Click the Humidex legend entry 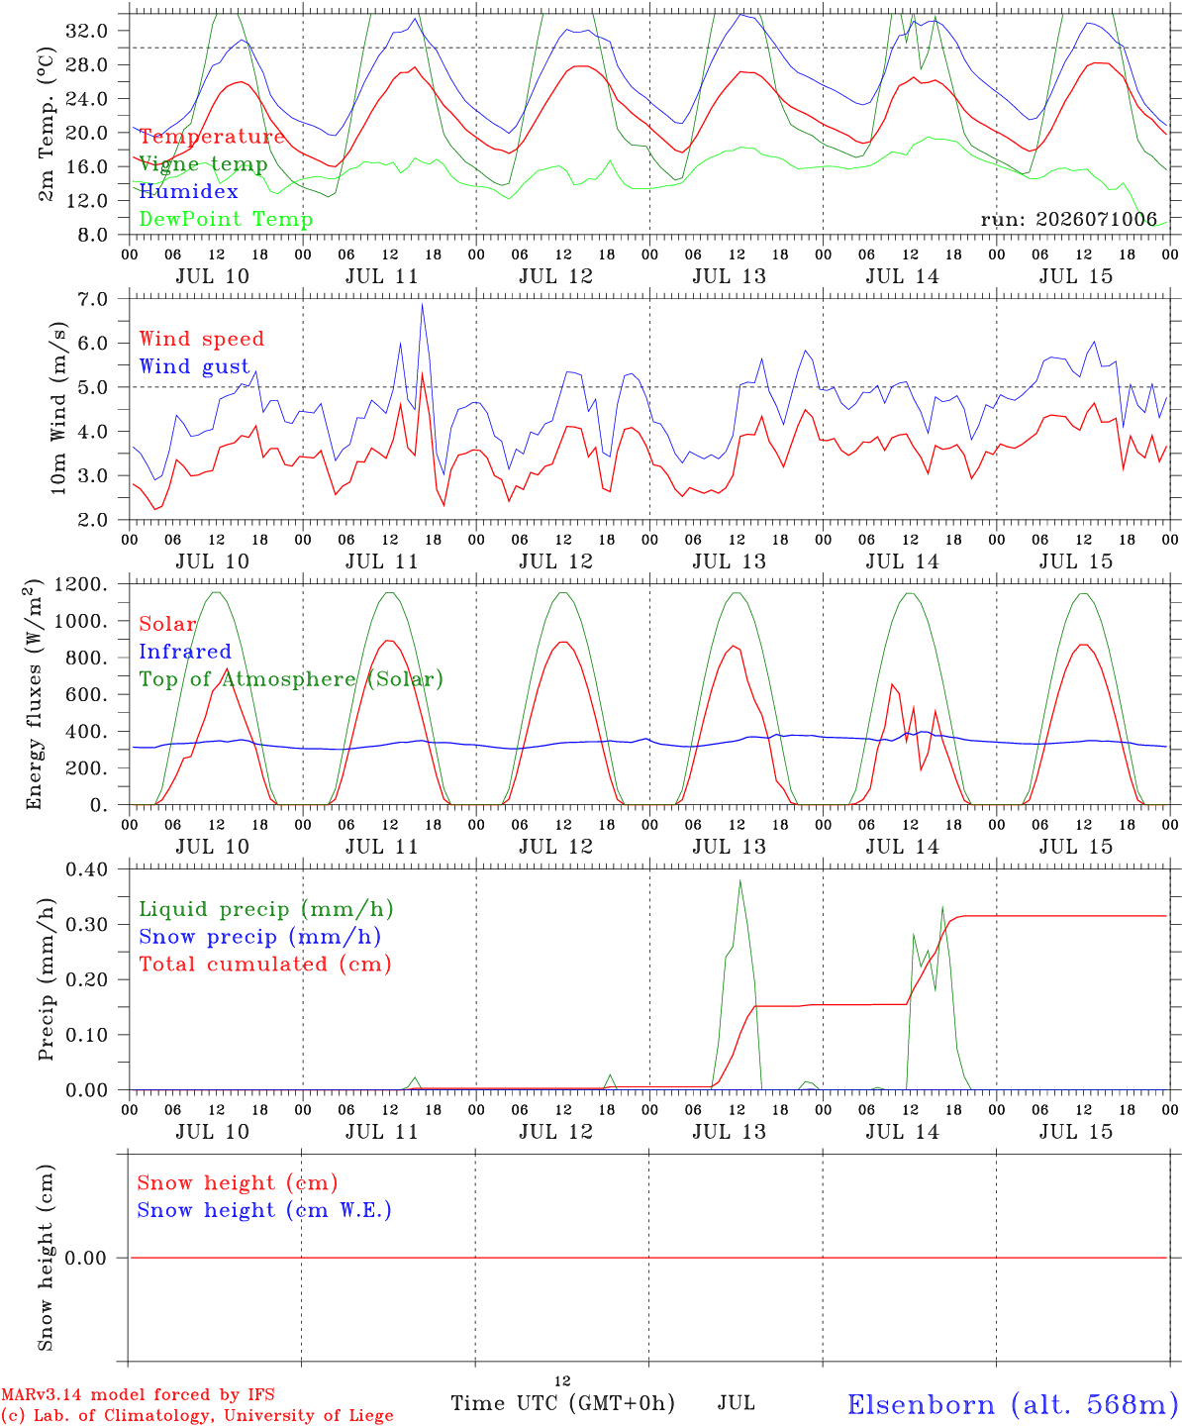pos(188,191)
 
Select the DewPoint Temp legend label pos(226,219)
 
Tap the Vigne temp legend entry pos(203,164)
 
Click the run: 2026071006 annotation pos(1068,219)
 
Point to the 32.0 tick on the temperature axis pos(87,31)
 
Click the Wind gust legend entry pos(195,366)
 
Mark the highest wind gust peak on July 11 pos(422,304)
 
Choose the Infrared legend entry pos(185,652)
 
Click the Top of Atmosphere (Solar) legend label pos(292,679)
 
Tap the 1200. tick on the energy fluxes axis pos(81,584)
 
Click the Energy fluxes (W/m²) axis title pos(34,694)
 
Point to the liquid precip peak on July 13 pos(740,881)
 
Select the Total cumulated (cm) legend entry pos(265,964)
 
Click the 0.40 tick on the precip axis pos(87,869)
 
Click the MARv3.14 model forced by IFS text pos(138,1394)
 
